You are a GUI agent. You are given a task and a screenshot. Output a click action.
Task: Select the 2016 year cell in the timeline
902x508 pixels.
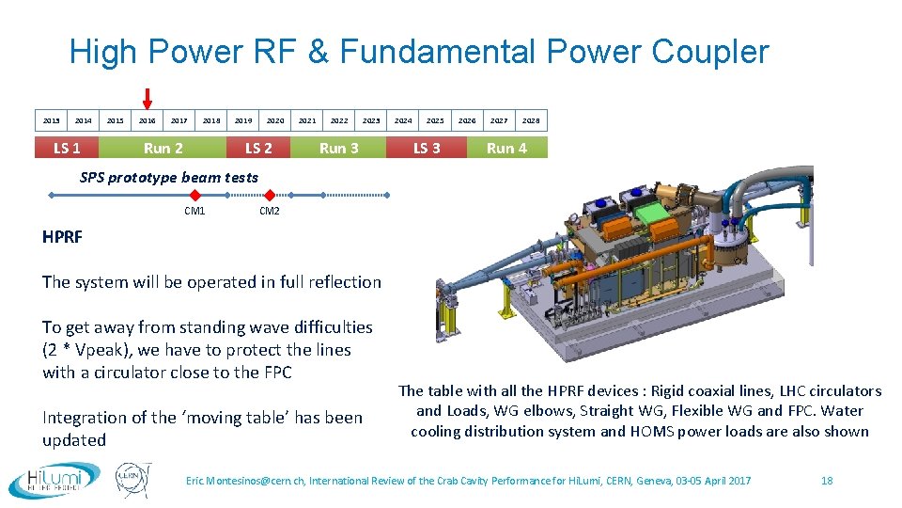tap(148, 120)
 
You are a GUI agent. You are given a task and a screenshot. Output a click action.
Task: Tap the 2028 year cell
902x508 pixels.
tap(531, 120)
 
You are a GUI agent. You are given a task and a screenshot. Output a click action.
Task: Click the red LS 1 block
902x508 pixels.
tap(67, 148)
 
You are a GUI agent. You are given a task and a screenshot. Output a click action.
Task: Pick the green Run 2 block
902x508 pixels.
tap(163, 148)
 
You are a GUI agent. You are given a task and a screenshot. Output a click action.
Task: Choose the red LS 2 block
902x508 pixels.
tap(258, 148)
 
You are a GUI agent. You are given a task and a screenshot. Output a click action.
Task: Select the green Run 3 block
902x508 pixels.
tap(338, 148)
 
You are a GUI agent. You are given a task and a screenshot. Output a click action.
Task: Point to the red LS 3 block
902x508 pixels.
tap(427, 148)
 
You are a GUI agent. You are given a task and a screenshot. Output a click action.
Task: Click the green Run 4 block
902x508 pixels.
tap(506, 148)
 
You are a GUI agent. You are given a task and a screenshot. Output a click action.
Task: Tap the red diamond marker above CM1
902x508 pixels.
tap(194, 195)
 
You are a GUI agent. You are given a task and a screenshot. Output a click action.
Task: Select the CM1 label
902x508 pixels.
tap(194, 211)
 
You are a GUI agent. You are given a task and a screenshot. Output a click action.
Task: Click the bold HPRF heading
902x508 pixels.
tap(62, 237)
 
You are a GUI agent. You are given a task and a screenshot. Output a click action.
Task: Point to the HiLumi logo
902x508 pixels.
tap(54, 479)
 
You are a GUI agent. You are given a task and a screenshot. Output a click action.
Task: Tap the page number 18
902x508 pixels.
tap(827, 481)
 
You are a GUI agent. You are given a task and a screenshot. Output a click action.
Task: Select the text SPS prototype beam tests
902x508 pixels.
tap(169, 177)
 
